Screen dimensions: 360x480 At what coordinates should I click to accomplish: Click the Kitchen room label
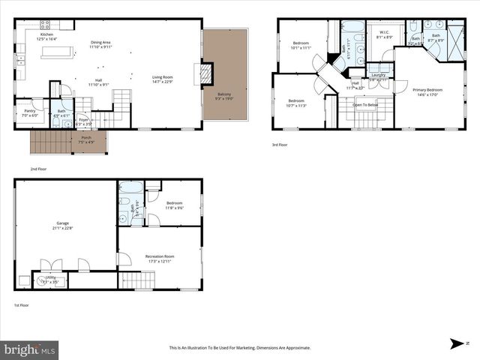pos(46,35)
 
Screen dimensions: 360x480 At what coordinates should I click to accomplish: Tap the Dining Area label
pos(100,43)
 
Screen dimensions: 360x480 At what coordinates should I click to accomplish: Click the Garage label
pos(63,224)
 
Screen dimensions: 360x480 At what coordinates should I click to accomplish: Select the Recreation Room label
pos(159,257)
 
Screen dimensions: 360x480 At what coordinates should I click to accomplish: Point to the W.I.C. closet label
pos(382,33)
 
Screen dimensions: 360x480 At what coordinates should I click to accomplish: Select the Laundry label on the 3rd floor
pos(378,75)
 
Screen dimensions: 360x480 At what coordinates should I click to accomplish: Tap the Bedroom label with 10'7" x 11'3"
pos(296,101)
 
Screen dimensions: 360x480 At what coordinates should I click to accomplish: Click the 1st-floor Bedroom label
pos(175,203)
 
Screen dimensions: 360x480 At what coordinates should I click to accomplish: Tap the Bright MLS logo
pos(30,349)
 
